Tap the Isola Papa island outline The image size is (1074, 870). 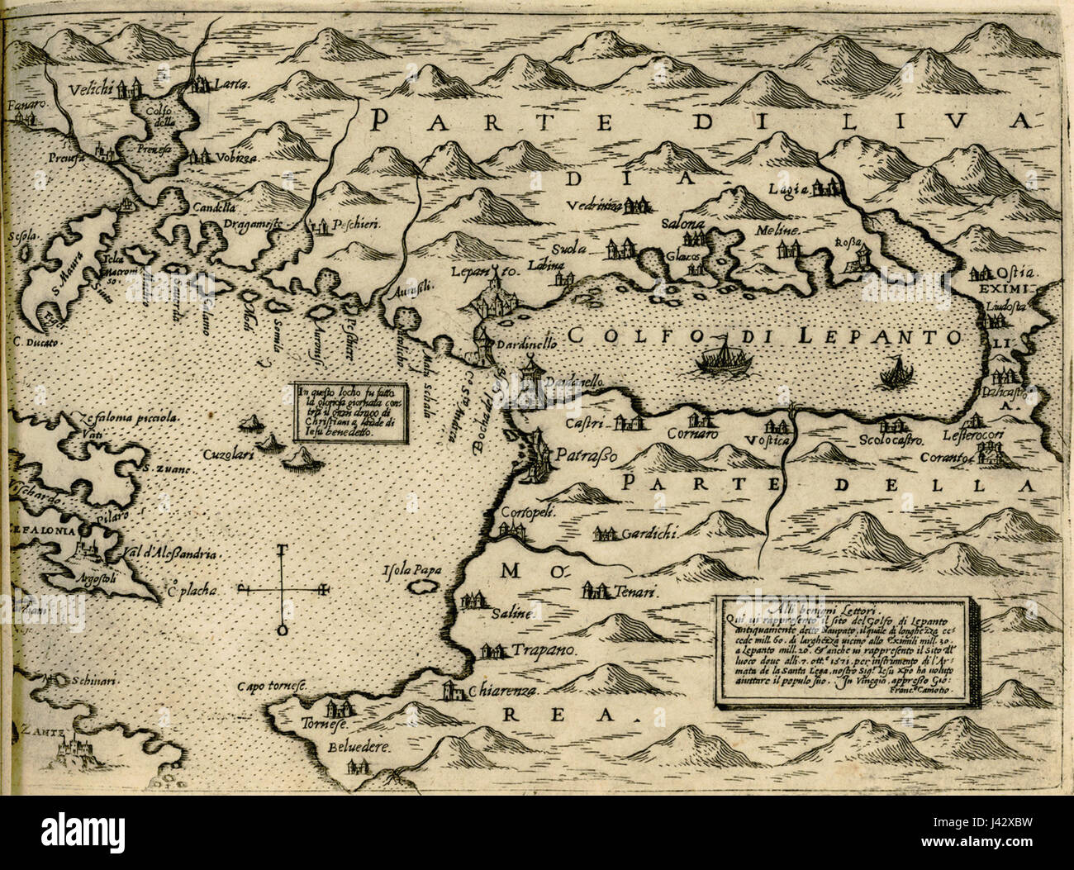pyautogui.click(x=425, y=586)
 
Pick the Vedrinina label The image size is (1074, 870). pyautogui.click(x=594, y=207)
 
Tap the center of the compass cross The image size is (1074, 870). pyautogui.click(x=283, y=589)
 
